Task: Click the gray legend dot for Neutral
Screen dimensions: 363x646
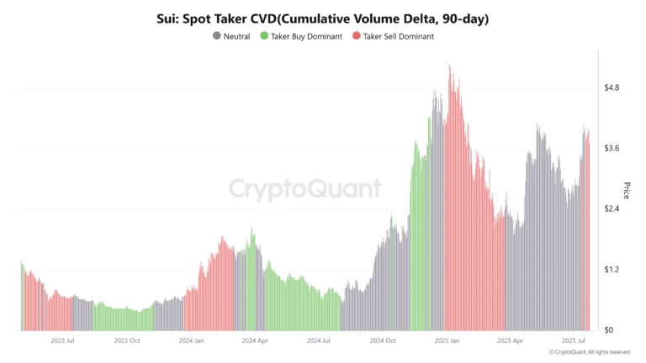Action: pos(216,37)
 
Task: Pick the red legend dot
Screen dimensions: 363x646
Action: pos(357,37)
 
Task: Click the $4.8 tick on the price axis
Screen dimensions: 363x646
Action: pos(612,87)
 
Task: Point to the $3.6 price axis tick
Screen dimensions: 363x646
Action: pos(612,148)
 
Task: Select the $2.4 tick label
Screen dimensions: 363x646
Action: pos(612,208)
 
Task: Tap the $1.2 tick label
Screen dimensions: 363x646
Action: pos(612,270)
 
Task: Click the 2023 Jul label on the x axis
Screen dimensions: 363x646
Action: pos(64,341)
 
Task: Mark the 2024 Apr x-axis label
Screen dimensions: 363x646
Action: pos(254,341)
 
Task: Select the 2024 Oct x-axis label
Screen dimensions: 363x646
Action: pos(382,341)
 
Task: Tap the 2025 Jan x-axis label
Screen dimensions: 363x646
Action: pos(447,341)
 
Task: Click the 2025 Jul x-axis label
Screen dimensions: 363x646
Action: pos(575,341)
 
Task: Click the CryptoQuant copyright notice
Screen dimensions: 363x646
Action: pos(589,353)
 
